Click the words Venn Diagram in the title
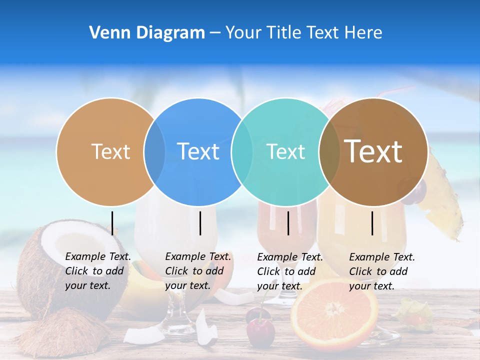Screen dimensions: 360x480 [147, 33]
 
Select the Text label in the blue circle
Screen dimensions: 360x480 [198, 151]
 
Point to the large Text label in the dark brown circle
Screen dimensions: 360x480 [373, 151]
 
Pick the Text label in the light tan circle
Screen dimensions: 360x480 [110, 151]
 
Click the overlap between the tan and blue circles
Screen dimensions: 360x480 [154, 151]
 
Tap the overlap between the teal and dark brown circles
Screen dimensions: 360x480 [329, 151]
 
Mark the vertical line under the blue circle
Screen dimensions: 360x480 [200, 223]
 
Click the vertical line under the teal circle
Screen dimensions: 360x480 [288, 223]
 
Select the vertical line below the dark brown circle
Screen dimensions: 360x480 [372, 223]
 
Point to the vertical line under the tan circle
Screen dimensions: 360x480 [112, 223]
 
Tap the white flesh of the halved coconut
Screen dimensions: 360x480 [65, 245]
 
